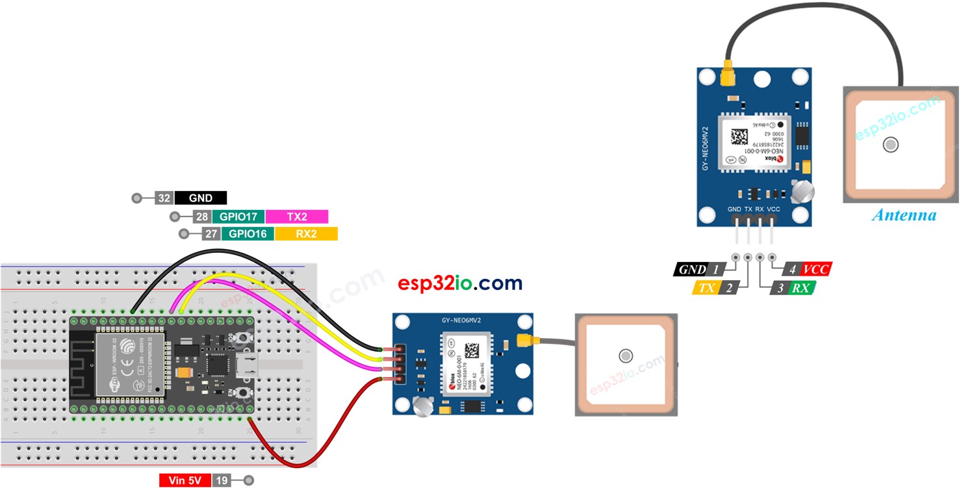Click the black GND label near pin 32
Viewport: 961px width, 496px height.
pos(200,198)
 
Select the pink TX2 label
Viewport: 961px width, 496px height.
pos(296,216)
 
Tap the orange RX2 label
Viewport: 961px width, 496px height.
pos(305,234)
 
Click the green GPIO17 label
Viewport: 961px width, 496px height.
pos(238,216)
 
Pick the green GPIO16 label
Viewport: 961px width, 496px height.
pos(247,234)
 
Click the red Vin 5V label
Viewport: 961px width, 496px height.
pos(185,480)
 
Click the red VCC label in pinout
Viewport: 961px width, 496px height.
pos(816,269)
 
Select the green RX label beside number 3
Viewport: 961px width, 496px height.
pos(801,287)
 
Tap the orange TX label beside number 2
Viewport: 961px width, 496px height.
pos(706,287)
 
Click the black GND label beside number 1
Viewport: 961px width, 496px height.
pos(691,269)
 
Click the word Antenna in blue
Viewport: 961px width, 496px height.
pos(904,215)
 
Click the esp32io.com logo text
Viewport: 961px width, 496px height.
pos(460,283)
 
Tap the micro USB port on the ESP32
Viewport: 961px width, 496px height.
pos(247,365)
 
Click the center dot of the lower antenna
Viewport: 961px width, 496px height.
pos(625,356)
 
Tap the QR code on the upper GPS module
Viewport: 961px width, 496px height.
pos(739,137)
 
